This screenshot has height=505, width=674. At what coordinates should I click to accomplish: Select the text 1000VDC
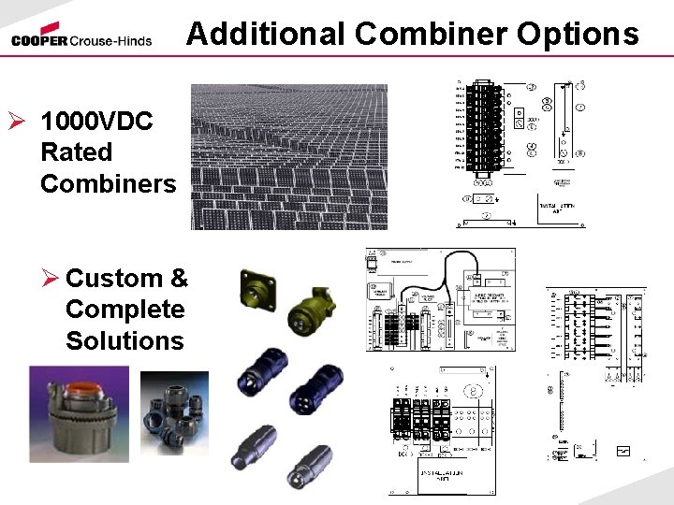pos(96,121)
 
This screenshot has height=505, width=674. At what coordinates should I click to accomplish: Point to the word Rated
pos(76,151)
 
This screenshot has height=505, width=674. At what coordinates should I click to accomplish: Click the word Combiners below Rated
pos(108,183)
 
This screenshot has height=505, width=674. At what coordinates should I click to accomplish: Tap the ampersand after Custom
pos(179,278)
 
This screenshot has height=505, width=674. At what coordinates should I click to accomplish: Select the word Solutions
pos(125,340)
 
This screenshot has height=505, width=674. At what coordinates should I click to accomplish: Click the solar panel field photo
pos(288,157)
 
